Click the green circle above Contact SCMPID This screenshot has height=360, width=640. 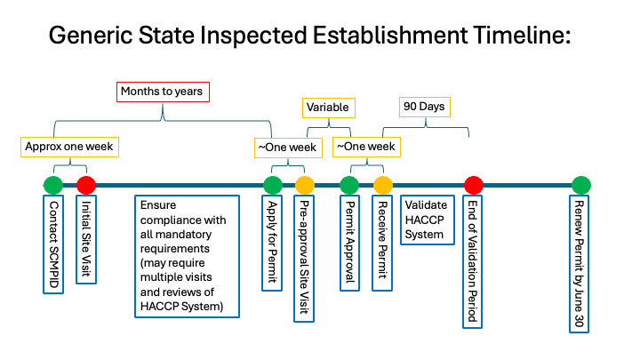coord(53,185)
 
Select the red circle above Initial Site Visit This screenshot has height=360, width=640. coord(86,185)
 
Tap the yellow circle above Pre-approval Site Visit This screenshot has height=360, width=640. coord(305,185)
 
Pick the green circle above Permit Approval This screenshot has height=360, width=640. coord(349,185)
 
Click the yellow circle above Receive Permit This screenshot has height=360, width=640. coord(382,185)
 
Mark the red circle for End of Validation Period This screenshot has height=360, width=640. coord(474,185)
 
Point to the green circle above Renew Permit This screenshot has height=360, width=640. coord(580,185)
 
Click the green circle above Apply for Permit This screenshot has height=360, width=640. coord(273,185)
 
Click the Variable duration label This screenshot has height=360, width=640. coord(327,108)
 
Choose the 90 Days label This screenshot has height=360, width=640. coord(423,108)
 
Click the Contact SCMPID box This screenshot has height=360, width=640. coord(53,235)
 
